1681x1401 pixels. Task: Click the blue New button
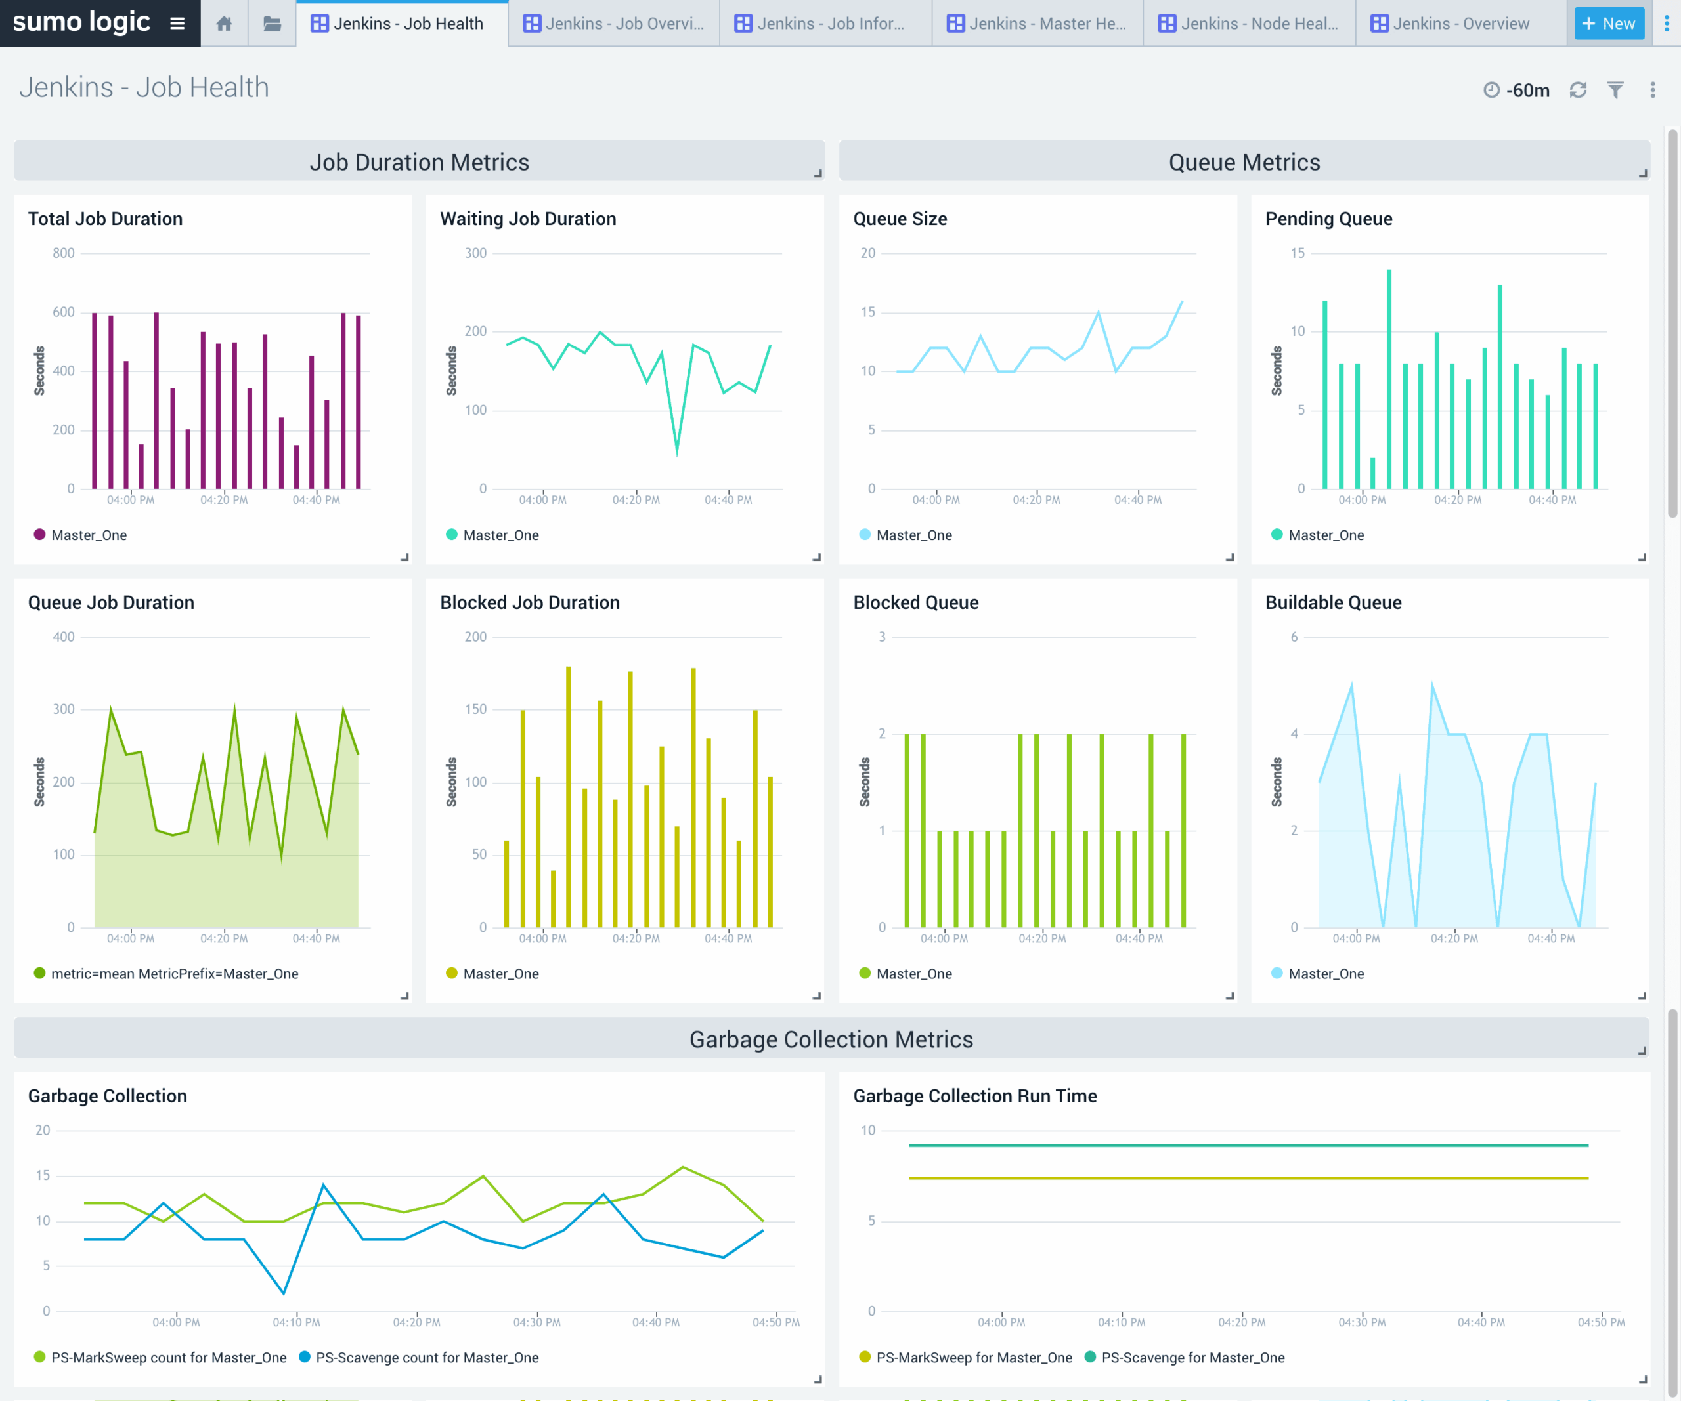click(x=1608, y=23)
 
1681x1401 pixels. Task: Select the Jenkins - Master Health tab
click(x=1037, y=23)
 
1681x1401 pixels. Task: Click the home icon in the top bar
click(x=224, y=23)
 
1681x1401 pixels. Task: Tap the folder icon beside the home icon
click(x=272, y=23)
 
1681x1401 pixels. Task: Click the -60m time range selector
click(x=1517, y=91)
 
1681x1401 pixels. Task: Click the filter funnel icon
click(x=1615, y=91)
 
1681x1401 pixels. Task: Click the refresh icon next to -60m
click(x=1578, y=91)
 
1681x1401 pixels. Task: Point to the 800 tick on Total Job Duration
click(x=63, y=253)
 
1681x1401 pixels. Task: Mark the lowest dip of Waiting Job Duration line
click(x=677, y=453)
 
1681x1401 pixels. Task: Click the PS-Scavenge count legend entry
click(x=426, y=1358)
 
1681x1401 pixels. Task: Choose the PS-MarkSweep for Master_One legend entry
click(x=973, y=1358)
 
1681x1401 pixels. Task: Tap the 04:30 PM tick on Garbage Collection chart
click(x=536, y=1322)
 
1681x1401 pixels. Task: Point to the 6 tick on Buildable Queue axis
click(x=1294, y=637)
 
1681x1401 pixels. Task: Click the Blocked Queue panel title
click(x=916, y=602)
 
